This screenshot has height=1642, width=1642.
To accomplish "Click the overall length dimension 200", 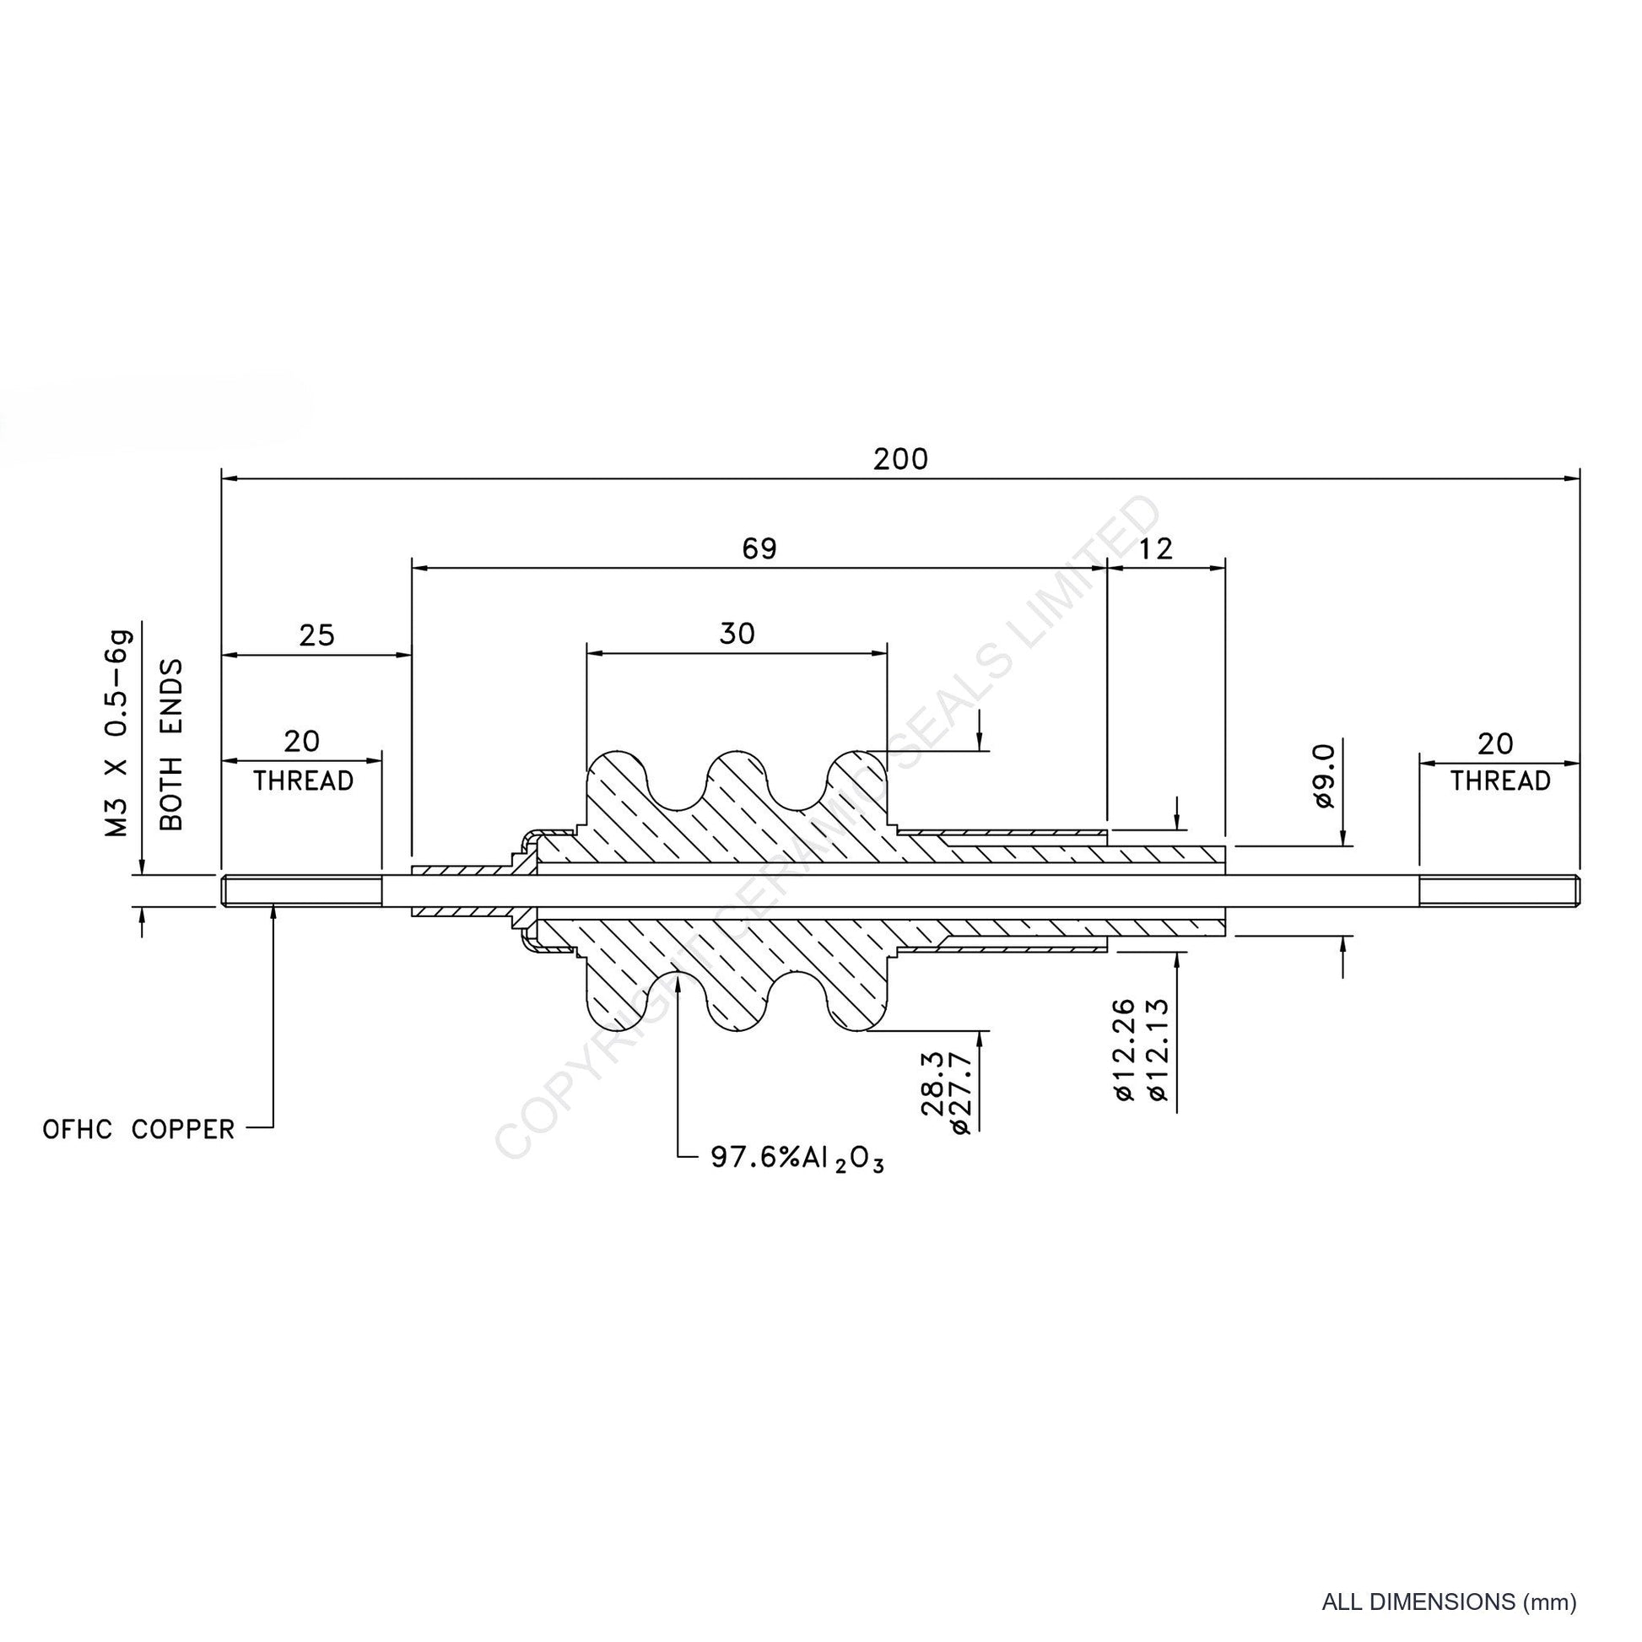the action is coord(901,459).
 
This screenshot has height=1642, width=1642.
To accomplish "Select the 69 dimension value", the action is coord(759,549).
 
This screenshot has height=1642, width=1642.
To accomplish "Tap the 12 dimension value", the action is coord(1155,549).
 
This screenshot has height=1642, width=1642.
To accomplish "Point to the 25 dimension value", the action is coord(317,635).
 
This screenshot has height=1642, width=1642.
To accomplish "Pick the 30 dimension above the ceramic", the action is coord(737,633).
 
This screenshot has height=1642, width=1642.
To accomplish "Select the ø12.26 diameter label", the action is coord(1124,1050).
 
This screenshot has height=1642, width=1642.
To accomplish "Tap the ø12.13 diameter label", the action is coord(1158,1050).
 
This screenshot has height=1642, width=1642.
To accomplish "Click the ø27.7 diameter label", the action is coord(960,1092).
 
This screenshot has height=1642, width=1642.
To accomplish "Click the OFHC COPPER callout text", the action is coord(138,1130).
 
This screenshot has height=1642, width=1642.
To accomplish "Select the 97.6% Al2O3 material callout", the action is coord(797,1159).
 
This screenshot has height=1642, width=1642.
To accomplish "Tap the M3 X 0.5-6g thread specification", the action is coord(117,733).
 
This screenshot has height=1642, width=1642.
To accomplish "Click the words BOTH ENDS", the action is coord(170,744).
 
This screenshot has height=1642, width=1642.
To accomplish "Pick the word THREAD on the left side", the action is coord(304,780).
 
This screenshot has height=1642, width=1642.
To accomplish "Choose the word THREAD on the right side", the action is coord(1500,780).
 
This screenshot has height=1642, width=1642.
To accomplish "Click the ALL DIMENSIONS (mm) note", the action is coord(1449,1602).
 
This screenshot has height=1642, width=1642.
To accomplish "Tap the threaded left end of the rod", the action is coord(302,891).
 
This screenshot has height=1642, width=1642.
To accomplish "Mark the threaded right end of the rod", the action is coord(1499,891).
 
